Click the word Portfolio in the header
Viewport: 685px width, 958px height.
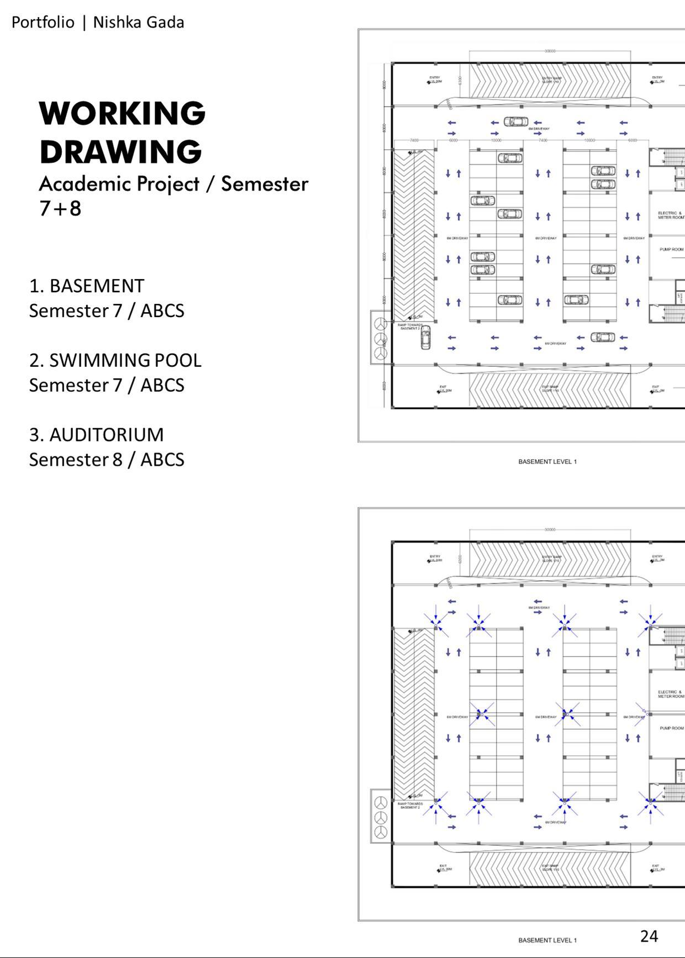pos(43,23)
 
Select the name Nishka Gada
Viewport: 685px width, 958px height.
pos(138,23)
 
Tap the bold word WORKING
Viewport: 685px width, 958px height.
pos(122,113)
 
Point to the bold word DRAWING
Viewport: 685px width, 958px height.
pos(120,152)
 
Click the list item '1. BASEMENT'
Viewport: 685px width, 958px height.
pos(87,286)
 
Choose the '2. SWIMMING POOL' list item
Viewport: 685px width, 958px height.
pos(115,360)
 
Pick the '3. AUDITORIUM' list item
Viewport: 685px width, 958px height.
pos(96,435)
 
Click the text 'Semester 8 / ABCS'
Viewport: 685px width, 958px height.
pos(107,460)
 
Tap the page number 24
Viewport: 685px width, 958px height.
pos(649,936)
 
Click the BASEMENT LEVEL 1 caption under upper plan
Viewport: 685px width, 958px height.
pos(547,461)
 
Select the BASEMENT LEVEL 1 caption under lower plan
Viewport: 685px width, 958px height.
pos(547,940)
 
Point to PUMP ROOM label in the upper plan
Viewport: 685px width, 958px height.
pos(671,249)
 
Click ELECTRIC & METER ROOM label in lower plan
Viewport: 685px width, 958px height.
pos(670,694)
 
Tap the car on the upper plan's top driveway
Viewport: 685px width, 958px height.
pos(515,122)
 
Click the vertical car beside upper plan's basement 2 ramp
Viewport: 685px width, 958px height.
pos(425,337)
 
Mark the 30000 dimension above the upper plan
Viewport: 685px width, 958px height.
pos(550,51)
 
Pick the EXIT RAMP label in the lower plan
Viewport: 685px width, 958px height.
pos(550,867)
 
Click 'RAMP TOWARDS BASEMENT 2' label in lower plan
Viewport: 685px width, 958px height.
pos(410,806)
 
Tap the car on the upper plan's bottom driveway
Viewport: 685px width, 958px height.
pos(603,337)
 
